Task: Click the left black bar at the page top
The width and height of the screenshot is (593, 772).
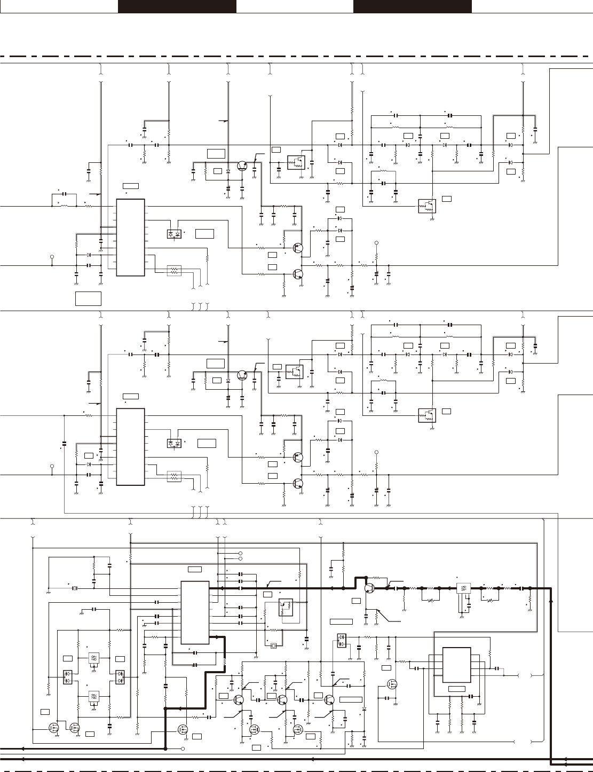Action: coord(177,6)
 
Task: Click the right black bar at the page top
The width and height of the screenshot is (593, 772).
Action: coord(412,6)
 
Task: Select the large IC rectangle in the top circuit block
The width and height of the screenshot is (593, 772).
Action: coord(130,238)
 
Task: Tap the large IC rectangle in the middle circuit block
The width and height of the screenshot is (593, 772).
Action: coord(130,447)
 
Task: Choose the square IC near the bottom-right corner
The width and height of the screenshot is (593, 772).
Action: coord(456,665)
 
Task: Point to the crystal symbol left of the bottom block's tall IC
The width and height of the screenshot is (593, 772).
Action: coord(76,588)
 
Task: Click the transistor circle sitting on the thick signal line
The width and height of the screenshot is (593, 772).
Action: coord(369,588)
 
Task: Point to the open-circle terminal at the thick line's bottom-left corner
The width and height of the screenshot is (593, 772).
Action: coord(183,749)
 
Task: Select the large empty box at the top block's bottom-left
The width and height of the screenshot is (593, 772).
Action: coord(88,298)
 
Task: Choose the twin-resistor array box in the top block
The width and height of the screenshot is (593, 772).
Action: coord(175,271)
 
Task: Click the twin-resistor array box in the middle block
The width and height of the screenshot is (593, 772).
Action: coord(175,477)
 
